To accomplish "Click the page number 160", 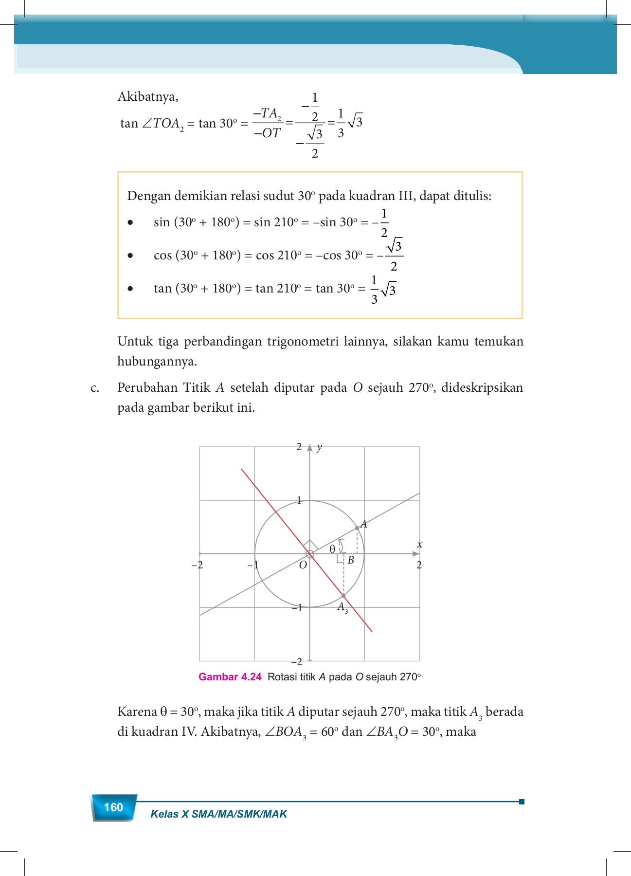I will (113, 807).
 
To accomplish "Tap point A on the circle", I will (357, 528).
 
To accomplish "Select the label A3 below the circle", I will (343, 607).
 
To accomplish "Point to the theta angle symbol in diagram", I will (332, 549).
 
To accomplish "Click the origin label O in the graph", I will (303, 565).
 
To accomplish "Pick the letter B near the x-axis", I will (350, 560).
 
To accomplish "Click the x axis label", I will (419, 545).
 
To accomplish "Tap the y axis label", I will (319, 447).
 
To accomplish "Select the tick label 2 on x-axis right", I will (419, 565).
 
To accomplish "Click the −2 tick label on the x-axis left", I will (197, 565).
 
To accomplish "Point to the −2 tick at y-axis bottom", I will (296, 661).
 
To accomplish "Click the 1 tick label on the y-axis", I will (299, 500).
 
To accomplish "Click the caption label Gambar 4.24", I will (230, 676).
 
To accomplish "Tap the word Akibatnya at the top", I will (148, 97).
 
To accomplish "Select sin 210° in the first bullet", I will (275, 222).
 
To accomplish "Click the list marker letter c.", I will (95, 388).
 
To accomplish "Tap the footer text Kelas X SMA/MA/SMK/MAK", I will (218, 814).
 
